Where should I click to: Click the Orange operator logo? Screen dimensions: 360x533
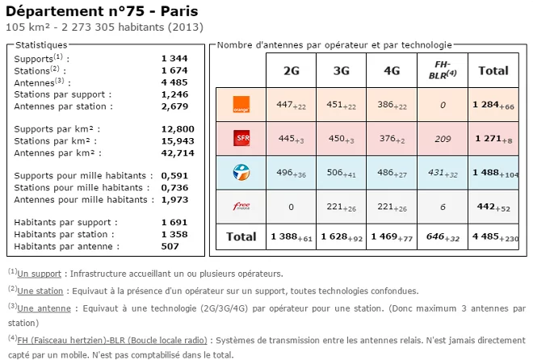tap(241, 104)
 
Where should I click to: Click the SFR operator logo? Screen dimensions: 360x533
tap(241, 139)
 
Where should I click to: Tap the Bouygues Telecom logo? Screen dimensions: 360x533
tap(241, 171)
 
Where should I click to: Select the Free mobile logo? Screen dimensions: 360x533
tap(241, 206)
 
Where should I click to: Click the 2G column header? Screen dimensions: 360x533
tap(291, 71)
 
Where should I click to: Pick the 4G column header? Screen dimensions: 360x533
tap(392, 71)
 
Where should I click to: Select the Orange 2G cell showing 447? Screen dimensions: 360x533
tap(291, 105)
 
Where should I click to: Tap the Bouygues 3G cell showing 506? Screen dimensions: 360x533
tap(342, 172)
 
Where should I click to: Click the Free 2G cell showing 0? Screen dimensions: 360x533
tap(291, 207)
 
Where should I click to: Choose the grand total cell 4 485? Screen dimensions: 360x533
tap(493, 237)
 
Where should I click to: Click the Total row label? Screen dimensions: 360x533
tap(240, 237)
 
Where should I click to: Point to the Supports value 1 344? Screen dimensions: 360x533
tap(174, 58)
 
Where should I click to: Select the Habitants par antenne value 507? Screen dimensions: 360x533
tap(170, 246)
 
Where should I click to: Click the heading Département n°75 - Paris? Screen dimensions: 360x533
tap(100, 11)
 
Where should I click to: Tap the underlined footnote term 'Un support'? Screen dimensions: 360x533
tap(39, 274)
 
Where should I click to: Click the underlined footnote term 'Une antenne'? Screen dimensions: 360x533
tap(40, 307)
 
